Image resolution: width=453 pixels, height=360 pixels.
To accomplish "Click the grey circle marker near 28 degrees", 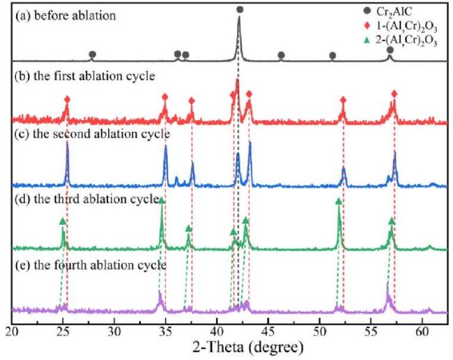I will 93,54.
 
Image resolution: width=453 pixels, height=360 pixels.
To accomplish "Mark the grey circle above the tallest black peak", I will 240,10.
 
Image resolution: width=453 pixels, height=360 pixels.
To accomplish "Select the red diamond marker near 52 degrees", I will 343,100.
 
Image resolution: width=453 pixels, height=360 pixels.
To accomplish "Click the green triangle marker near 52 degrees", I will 339,201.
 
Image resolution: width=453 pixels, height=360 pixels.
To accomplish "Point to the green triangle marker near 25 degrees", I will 63,220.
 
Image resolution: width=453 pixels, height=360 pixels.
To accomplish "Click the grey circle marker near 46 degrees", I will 281,54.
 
